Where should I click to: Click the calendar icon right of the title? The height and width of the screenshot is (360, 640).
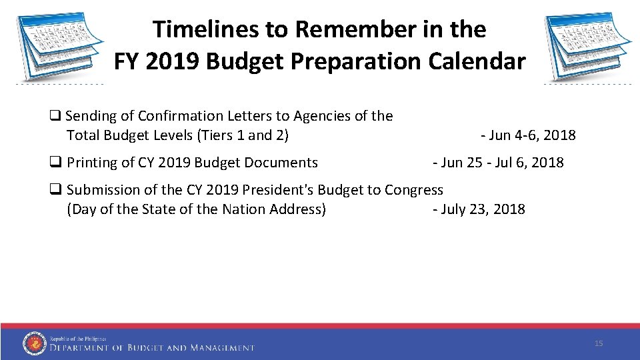(x=587, y=45)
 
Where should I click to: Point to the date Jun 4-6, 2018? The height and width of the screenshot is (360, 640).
(x=531, y=135)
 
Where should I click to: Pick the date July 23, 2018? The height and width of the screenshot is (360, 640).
(x=482, y=209)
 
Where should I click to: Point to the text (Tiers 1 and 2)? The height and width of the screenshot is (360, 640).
(x=243, y=135)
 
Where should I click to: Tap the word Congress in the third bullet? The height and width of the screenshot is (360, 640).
(x=413, y=190)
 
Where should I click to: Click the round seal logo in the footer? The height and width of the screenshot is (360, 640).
(x=34, y=343)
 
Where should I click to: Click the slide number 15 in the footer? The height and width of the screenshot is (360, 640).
(x=598, y=343)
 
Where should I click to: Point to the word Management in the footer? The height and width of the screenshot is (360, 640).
(x=223, y=347)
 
